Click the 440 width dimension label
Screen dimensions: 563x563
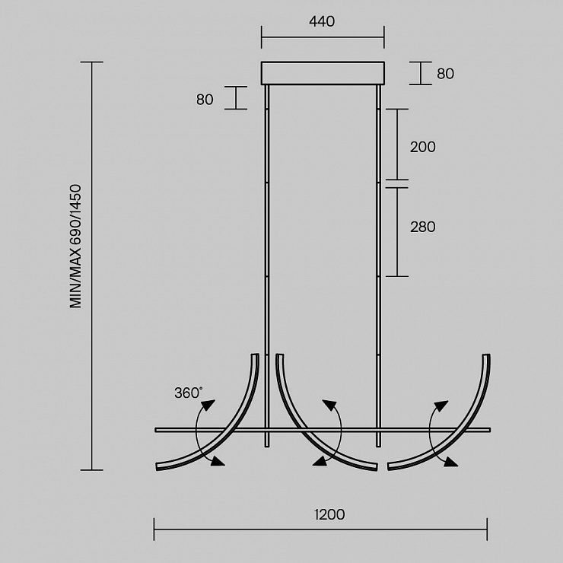pyautogui.click(x=322, y=21)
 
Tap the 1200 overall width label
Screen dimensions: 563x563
pyautogui.click(x=329, y=514)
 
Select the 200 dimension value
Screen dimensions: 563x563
pyautogui.click(x=422, y=147)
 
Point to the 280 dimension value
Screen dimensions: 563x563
pyautogui.click(x=422, y=227)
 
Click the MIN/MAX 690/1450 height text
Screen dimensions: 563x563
pyautogui.click(x=76, y=247)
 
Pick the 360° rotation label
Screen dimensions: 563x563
pyautogui.click(x=189, y=393)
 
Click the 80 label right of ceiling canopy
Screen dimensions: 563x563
pyautogui.click(x=445, y=74)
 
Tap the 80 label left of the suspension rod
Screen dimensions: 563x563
pyautogui.click(x=205, y=100)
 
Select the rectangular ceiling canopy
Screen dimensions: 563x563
pyautogui.click(x=323, y=73)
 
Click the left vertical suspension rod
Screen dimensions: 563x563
pyautogui.click(x=267, y=266)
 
